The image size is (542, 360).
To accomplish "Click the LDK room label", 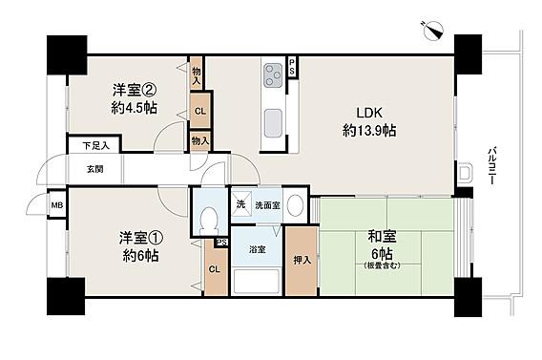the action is [x=369, y=113].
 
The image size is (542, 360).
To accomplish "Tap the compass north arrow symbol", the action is [x=432, y=31].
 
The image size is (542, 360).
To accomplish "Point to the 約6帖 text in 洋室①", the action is [x=141, y=256].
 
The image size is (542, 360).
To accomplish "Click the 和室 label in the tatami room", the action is [x=382, y=238].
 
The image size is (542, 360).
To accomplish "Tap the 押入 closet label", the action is [x=302, y=261].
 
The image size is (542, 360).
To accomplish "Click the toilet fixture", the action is [x=210, y=219].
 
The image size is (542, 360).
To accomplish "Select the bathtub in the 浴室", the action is [x=256, y=281].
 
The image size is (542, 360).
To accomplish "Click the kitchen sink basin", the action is [x=274, y=123].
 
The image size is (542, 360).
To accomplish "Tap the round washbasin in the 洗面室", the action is [x=295, y=206].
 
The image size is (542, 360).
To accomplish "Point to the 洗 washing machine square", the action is [x=240, y=203].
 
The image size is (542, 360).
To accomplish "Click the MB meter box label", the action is [x=57, y=205].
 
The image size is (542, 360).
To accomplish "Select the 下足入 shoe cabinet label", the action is [x=96, y=146].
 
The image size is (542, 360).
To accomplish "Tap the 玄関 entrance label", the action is [x=94, y=169].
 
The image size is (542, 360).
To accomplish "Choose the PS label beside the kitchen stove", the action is [x=292, y=67].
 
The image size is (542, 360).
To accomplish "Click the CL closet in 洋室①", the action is [x=215, y=269].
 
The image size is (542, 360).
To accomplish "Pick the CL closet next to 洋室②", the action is [x=200, y=111].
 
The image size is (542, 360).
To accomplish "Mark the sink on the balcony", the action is [x=464, y=172].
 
